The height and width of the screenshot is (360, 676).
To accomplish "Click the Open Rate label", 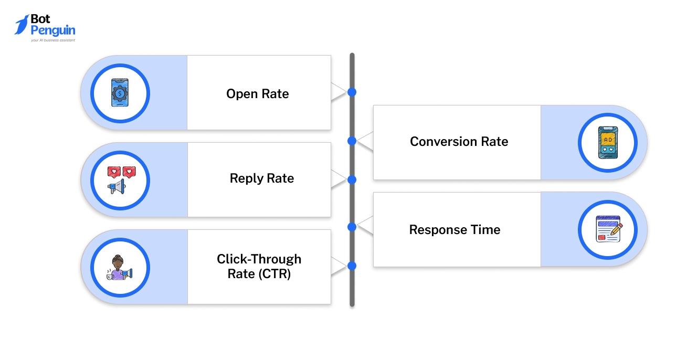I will pyautogui.click(x=258, y=94).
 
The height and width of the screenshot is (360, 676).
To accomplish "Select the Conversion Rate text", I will pyautogui.click(x=459, y=142).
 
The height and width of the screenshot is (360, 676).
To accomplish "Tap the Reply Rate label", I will pyautogui.click(x=261, y=178).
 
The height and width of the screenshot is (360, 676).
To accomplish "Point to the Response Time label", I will pyautogui.click(x=455, y=230).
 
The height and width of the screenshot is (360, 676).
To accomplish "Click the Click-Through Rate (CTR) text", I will pyautogui.click(x=259, y=266).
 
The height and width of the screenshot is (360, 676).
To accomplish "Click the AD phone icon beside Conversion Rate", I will pyautogui.click(x=608, y=142).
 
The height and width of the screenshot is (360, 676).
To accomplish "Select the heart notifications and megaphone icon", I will pyautogui.click(x=120, y=180).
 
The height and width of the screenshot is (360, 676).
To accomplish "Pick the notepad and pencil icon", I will pyautogui.click(x=608, y=229).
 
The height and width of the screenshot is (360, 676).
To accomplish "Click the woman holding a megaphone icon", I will pyautogui.click(x=120, y=267).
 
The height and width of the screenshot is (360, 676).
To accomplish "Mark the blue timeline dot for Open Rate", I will pyautogui.click(x=352, y=92).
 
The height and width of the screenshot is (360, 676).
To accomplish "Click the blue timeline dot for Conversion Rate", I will pyautogui.click(x=352, y=141).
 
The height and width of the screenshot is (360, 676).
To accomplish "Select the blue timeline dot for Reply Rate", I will pyautogui.click(x=352, y=179).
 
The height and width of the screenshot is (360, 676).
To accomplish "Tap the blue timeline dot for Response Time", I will pyautogui.click(x=352, y=227).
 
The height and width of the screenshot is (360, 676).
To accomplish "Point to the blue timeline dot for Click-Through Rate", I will pyautogui.click(x=352, y=266).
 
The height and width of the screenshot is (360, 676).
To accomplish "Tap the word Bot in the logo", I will pyautogui.click(x=41, y=19).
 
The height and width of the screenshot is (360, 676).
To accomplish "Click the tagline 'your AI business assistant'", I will pyautogui.click(x=52, y=40).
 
